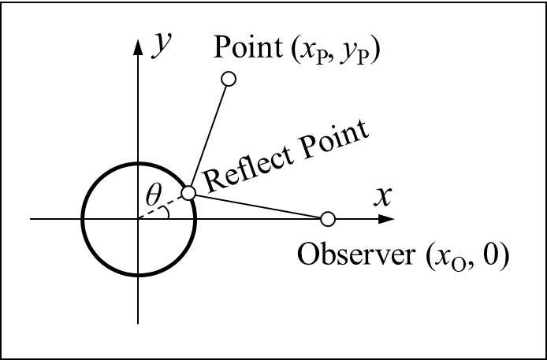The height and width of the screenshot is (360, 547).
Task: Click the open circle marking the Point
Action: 229,79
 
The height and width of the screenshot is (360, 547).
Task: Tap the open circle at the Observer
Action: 329,218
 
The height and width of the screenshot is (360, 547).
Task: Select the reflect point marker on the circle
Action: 188,193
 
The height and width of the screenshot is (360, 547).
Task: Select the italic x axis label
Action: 382,195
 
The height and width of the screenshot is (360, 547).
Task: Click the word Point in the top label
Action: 242,49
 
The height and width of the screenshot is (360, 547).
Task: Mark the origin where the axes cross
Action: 139,219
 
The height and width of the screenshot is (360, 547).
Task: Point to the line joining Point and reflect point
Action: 209,135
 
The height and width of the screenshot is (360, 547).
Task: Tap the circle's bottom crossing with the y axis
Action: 139,275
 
